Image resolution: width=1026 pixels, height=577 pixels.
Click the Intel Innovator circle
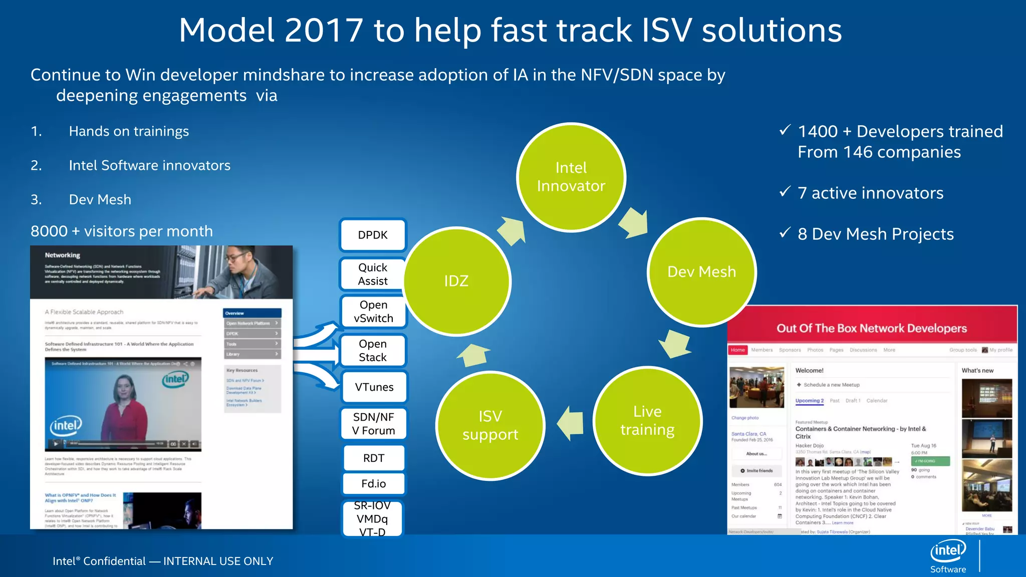pos(571,177)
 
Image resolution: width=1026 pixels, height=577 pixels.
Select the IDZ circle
pos(456,281)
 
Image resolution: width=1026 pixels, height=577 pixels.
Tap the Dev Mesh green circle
pos(701,272)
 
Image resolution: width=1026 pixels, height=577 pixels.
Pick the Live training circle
pos(647,421)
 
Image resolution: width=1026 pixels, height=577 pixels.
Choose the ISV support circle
pos(490,425)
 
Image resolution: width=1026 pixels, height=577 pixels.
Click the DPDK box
pos(373,235)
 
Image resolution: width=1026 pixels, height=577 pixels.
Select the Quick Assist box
pos(372,274)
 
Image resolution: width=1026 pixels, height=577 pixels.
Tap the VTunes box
pos(374,387)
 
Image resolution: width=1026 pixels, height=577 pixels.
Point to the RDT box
pos(374,458)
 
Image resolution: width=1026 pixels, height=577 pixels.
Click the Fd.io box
pos(374,483)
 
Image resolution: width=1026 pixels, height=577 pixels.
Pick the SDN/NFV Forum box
pos(373,424)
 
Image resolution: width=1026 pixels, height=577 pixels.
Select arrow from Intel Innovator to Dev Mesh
pos(634,222)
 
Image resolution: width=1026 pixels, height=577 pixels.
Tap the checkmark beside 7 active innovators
pos(785,192)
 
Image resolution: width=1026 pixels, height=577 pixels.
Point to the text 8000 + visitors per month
pos(122,231)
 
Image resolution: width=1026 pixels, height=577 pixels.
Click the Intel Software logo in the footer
pos(948,556)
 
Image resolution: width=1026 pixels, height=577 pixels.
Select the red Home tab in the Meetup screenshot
pos(737,350)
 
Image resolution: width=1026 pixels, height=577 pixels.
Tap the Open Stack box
pos(373,351)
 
